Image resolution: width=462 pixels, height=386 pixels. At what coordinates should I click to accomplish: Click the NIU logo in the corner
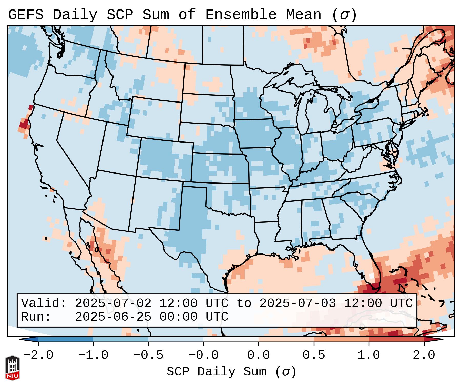[12, 368]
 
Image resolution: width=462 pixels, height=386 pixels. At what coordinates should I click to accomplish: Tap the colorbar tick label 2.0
[424, 355]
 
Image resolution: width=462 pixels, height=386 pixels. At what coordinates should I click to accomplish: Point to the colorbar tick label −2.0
[38, 355]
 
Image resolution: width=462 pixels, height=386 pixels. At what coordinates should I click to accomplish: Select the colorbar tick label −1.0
[93, 355]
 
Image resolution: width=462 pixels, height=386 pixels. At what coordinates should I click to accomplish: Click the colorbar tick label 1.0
[369, 355]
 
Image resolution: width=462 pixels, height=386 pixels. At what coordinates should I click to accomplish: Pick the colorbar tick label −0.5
[148, 355]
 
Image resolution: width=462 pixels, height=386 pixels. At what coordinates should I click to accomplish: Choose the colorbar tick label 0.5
[314, 355]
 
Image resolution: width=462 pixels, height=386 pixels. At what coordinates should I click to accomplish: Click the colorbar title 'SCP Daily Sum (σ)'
[231, 372]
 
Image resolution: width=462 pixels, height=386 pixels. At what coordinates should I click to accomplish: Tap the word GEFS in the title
[26, 15]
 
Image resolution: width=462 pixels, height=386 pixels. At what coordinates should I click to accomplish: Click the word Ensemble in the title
[241, 15]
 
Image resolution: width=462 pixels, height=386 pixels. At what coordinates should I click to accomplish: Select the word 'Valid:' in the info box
[44, 303]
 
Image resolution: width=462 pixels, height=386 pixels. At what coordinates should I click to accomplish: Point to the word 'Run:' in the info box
[36, 317]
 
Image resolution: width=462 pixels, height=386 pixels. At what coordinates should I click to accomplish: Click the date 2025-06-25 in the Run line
[113, 317]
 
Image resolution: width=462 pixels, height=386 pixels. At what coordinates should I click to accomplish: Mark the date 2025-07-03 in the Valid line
[297, 303]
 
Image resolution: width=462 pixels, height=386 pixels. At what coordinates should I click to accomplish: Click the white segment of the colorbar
[231, 339]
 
